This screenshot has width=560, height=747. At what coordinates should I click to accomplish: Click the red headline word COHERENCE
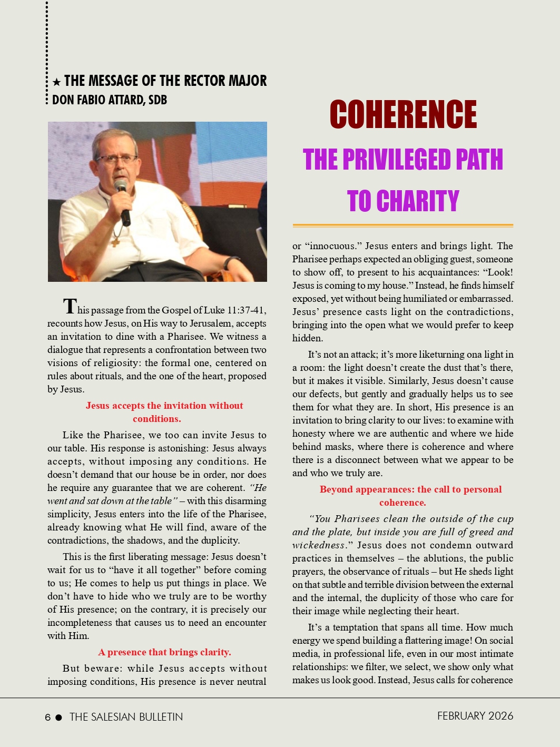(403, 114)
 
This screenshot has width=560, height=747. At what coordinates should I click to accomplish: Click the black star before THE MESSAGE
(56, 82)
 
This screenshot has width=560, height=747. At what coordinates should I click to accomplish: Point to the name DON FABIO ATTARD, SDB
(110, 100)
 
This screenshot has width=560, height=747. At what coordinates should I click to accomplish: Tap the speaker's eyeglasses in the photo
(116, 159)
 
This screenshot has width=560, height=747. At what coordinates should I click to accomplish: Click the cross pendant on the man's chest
(115, 242)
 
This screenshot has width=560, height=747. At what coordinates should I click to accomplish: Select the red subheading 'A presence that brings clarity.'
(164, 652)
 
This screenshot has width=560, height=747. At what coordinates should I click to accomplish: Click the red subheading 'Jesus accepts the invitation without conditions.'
(164, 412)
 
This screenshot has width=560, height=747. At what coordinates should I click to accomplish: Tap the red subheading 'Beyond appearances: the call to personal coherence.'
(410, 496)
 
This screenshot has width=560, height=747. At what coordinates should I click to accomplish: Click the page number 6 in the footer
(48, 717)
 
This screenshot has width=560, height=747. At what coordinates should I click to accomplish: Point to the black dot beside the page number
(58, 717)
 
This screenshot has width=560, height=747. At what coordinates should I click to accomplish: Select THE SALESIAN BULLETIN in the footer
(126, 717)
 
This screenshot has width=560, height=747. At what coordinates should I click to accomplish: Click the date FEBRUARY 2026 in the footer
(475, 716)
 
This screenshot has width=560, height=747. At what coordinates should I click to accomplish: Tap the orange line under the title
(403, 225)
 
